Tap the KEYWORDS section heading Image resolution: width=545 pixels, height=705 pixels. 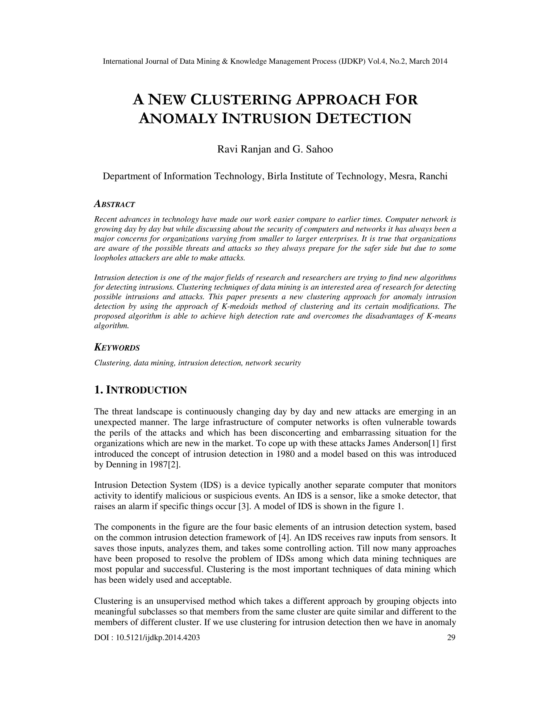117,348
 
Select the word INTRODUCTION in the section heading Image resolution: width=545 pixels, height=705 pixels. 147,390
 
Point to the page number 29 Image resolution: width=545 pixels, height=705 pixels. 451,637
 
